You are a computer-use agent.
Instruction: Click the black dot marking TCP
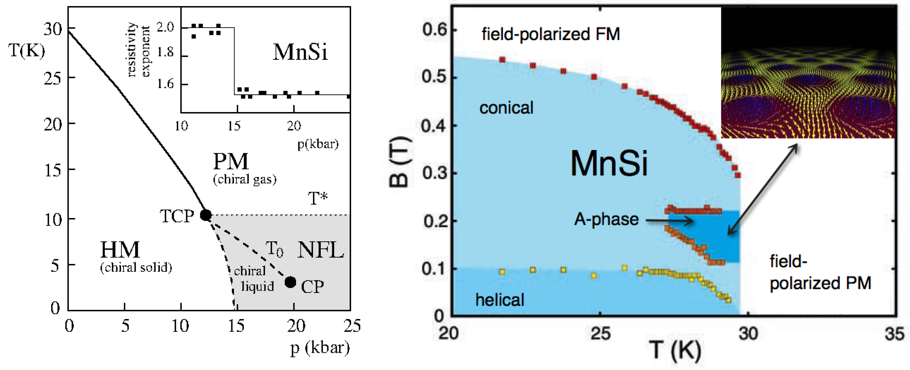click(x=206, y=215)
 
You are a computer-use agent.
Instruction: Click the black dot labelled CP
click(x=290, y=282)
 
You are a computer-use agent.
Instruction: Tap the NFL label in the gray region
click(x=320, y=250)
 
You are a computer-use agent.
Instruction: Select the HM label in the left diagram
click(x=120, y=250)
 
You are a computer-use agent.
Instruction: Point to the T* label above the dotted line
click(x=318, y=199)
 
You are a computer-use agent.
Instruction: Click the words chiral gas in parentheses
click(x=245, y=180)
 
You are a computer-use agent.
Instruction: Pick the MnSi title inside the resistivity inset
click(x=300, y=52)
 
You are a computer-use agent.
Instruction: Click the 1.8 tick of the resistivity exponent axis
click(x=165, y=52)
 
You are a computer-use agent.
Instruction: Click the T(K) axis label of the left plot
click(x=27, y=51)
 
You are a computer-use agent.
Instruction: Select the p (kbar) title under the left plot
click(x=320, y=348)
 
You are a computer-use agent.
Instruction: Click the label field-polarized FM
click(x=550, y=34)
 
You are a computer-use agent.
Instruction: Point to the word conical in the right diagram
click(x=506, y=108)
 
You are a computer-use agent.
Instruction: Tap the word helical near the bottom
click(x=500, y=300)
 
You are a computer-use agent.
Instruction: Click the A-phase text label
click(x=606, y=219)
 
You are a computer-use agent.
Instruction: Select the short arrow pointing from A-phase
click(x=670, y=221)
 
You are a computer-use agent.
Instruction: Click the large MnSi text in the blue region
click(x=609, y=163)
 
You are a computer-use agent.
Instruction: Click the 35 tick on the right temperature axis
click(x=894, y=334)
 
